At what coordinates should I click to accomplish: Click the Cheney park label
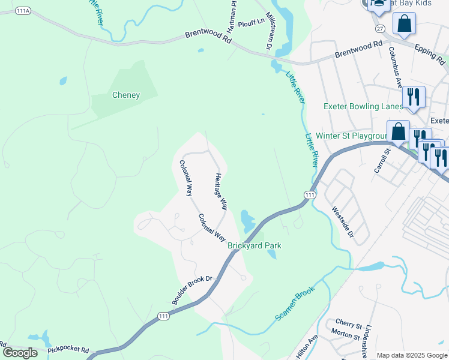click(x=126, y=95)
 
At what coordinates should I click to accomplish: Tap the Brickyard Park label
click(x=255, y=245)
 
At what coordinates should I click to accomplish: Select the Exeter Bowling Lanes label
click(x=363, y=106)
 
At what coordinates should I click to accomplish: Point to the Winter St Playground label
click(x=353, y=136)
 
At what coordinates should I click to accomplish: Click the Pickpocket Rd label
click(x=68, y=349)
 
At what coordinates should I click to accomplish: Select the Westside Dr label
click(x=342, y=225)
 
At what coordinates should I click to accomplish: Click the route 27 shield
click(x=379, y=28)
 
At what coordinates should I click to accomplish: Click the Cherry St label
click(x=349, y=325)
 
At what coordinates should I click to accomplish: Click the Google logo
click(x=20, y=353)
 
